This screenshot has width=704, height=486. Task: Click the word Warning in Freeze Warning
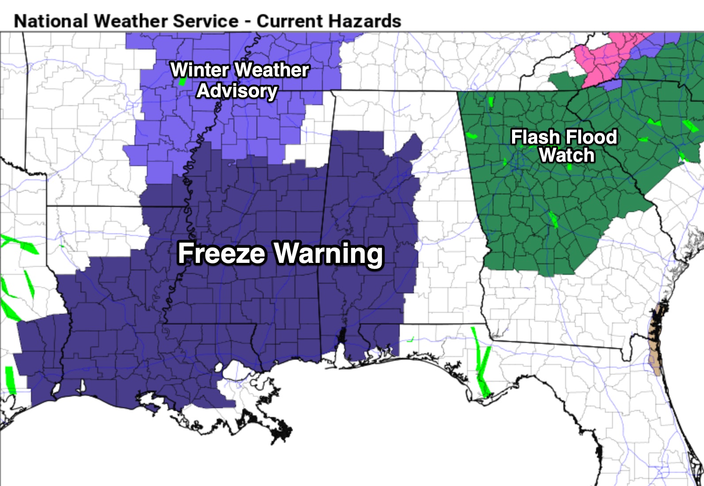pyautogui.click(x=328, y=254)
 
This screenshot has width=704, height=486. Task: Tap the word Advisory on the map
pyautogui.click(x=237, y=91)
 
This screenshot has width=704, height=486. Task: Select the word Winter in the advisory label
pyautogui.click(x=199, y=70)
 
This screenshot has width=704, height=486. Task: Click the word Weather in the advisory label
pyautogui.click(x=272, y=70)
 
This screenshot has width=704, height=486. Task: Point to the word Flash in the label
pyautogui.click(x=535, y=137)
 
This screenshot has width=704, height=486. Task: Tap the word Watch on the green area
pyautogui.click(x=567, y=156)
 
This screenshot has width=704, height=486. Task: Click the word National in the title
pyautogui.click(x=51, y=21)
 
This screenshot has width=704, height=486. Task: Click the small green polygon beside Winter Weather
pyautogui.click(x=181, y=82)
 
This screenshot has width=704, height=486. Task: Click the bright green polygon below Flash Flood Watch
pyautogui.click(x=553, y=219)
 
